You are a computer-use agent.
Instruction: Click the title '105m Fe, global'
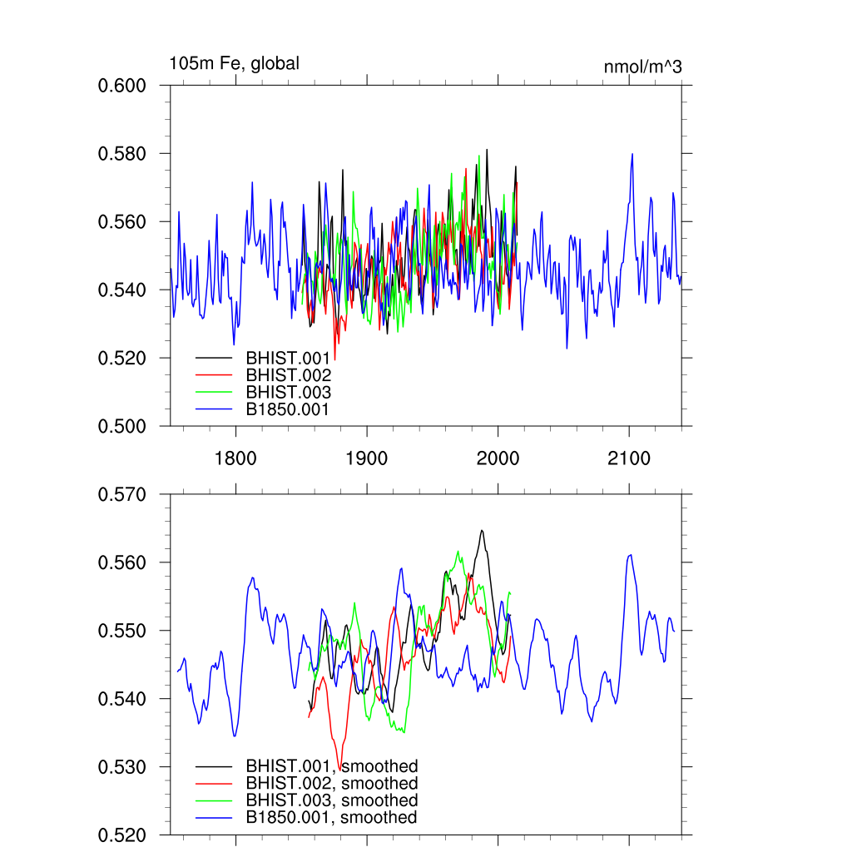[234, 63]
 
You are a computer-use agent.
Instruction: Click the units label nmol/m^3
[642, 67]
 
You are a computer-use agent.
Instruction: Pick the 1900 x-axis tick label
[367, 458]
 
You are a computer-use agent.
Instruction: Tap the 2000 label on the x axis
[498, 458]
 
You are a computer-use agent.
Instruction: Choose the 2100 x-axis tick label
[629, 458]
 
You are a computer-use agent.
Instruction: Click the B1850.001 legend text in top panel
[288, 409]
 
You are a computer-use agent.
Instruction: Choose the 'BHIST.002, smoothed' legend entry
[331, 784]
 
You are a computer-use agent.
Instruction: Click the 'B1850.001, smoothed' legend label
[331, 818]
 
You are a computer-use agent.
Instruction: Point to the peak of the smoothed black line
[482, 531]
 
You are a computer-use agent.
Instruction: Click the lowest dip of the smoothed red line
[339, 760]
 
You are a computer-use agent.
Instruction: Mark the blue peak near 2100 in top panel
[632, 154]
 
